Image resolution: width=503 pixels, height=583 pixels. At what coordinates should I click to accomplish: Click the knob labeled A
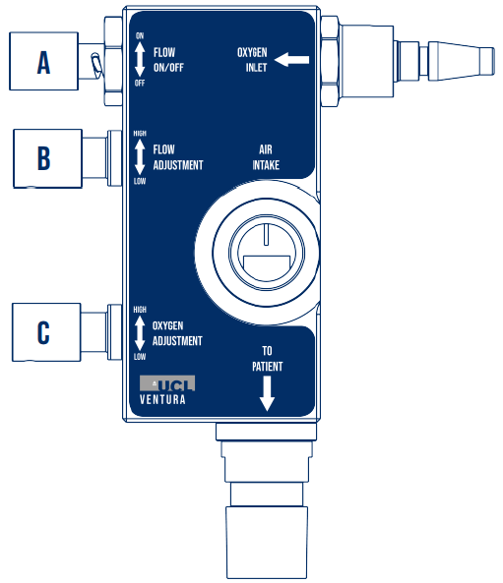tap(43, 61)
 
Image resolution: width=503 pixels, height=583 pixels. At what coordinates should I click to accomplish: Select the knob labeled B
tap(47, 158)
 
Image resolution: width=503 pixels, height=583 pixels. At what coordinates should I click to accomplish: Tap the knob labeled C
tap(46, 332)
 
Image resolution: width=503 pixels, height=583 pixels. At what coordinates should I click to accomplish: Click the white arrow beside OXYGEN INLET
tap(292, 60)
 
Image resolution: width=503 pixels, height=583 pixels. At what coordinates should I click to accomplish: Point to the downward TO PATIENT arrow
tap(267, 393)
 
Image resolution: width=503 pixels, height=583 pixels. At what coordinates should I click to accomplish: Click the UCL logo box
tap(167, 383)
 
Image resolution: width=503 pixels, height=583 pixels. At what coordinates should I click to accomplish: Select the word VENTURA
tap(162, 400)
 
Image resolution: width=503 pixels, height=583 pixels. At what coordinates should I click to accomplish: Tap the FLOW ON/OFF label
tap(168, 60)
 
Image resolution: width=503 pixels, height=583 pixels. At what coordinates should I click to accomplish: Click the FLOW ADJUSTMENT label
tap(178, 157)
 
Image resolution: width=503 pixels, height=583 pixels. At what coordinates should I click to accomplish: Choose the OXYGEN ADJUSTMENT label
tap(177, 333)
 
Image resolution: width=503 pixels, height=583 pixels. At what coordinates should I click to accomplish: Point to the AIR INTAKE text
tap(266, 157)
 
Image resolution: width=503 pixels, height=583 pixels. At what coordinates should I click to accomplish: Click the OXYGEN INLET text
tap(252, 60)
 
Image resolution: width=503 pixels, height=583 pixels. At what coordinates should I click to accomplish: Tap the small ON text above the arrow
tap(140, 35)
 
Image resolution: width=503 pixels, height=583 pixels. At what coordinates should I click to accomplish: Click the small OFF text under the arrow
tap(140, 83)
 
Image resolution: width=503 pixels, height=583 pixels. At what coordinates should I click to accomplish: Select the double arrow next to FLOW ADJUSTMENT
tap(140, 157)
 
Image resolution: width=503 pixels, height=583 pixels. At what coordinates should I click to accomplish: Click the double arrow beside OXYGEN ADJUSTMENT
tap(140, 332)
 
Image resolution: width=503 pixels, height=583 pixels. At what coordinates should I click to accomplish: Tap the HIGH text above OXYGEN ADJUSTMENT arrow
tap(140, 310)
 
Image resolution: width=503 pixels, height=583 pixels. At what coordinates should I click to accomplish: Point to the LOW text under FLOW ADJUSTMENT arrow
tap(140, 181)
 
